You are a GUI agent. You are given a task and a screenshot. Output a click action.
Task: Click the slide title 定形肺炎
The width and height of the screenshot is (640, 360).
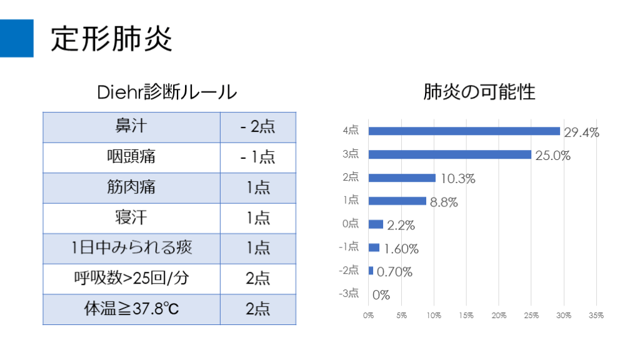(x=111, y=39)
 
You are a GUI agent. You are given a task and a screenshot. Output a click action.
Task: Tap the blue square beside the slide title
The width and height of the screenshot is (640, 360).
(x=17, y=38)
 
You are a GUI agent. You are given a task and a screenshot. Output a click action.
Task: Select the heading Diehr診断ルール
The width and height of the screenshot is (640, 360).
(x=167, y=92)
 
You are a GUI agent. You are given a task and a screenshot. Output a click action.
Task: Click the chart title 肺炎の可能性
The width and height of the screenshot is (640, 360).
(x=479, y=92)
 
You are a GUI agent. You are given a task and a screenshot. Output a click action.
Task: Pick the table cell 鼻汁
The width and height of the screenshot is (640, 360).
(x=131, y=127)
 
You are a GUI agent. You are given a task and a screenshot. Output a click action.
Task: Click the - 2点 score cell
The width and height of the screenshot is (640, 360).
(x=257, y=127)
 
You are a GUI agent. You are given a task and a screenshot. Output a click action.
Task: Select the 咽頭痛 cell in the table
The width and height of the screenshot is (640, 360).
(x=131, y=157)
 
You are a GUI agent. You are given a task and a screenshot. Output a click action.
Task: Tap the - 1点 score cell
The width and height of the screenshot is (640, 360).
(x=257, y=157)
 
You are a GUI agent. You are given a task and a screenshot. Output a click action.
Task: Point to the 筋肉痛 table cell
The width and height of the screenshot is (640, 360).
(x=131, y=187)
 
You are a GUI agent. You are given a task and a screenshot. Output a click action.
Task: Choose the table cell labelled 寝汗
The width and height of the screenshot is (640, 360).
(x=131, y=217)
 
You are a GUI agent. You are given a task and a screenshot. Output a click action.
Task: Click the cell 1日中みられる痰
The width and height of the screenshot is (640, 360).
(x=131, y=248)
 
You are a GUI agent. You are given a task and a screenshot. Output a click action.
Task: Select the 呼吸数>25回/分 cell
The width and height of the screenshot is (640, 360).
(x=131, y=278)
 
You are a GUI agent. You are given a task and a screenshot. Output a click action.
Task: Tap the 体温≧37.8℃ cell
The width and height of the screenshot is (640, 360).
(x=131, y=309)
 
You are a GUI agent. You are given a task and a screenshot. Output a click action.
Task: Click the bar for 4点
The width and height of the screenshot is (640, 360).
(x=464, y=131)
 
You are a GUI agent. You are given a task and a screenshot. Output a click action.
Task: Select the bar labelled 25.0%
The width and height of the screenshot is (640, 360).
(x=449, y=154)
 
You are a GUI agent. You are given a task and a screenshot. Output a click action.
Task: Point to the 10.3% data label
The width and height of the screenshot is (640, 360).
(x=458, y=179)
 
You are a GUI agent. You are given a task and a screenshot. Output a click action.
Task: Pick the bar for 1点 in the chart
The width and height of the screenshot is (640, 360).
(x=397, y=201)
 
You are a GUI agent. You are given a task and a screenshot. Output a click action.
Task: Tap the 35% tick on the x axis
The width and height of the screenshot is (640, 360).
(x=596, y=316)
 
